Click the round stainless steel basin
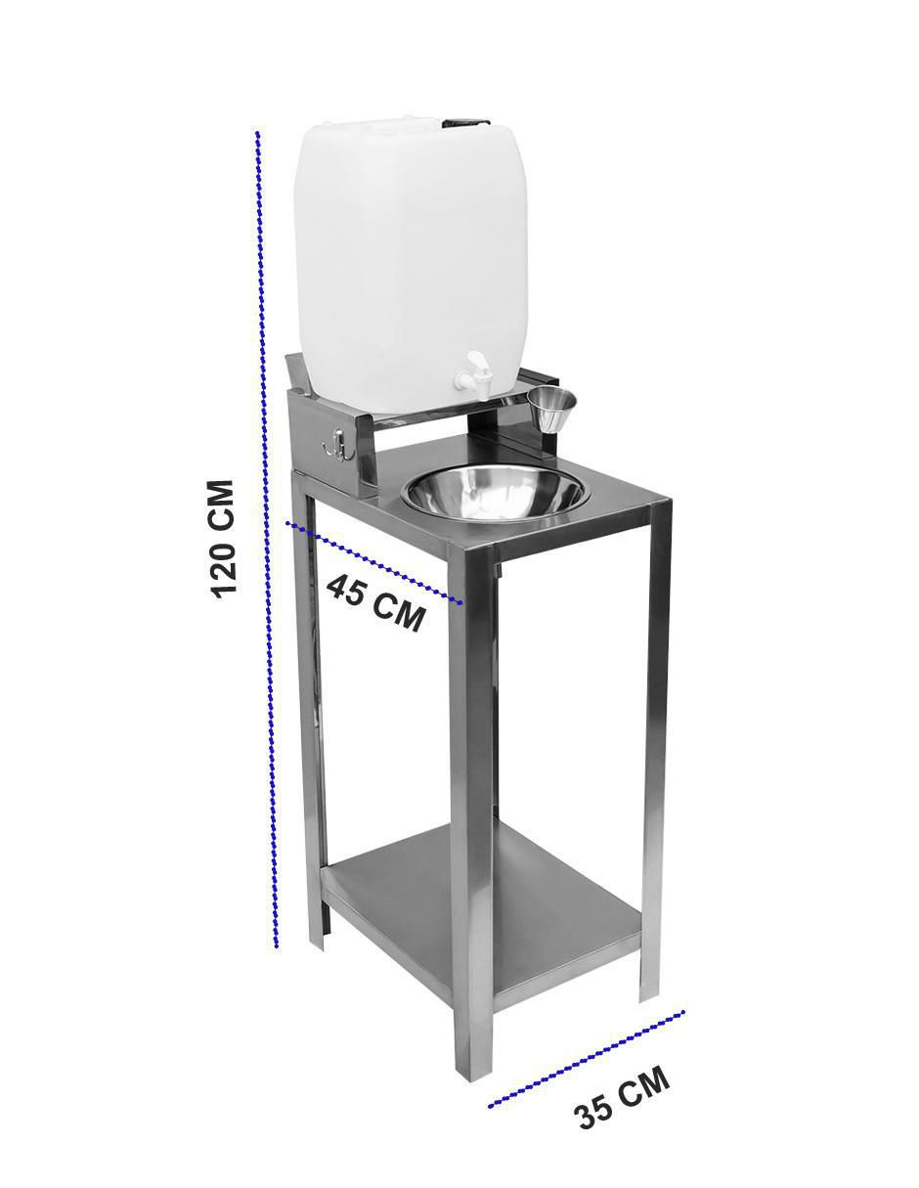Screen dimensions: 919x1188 495,494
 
